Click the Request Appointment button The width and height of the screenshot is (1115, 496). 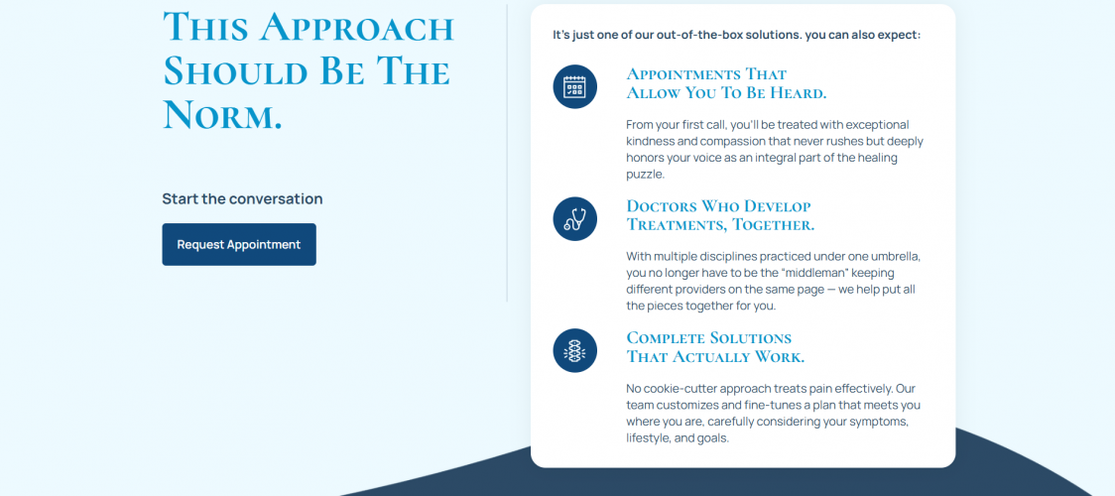[239, 244]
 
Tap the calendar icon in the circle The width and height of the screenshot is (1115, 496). [574, 86]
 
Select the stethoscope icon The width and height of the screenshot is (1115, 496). [574, 219]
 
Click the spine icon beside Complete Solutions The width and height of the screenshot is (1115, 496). [574, 350]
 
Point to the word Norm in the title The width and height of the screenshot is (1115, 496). [222, 114]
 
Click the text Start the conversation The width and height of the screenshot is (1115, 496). [242, 199]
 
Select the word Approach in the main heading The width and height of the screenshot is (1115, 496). [356, 28]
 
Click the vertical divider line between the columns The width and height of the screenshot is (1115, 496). [507, 154]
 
